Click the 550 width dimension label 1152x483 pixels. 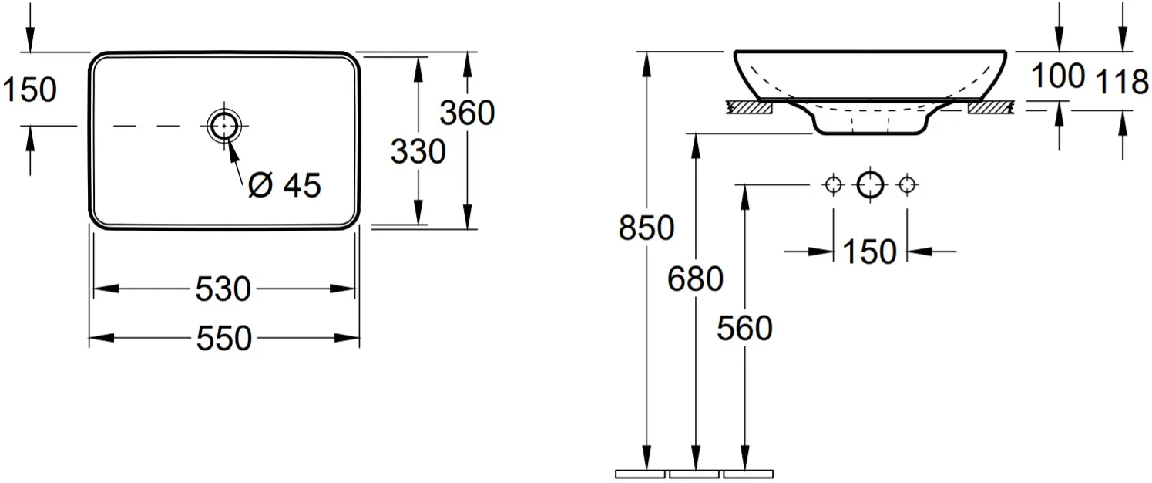point(224,338)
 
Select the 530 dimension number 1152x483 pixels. point(223,289)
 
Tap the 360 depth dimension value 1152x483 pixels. point(467,113)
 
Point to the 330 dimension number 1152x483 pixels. point(418,151)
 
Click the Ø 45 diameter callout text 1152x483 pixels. point(284,185)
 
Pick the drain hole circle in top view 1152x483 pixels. point(224,125)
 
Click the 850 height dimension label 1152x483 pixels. point(647,228)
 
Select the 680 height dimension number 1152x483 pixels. point(695,279)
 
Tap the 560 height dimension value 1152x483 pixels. point(744,328)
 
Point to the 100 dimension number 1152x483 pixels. point(1059,76)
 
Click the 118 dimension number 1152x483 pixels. point(1122,83)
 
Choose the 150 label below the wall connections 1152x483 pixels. point(870,252)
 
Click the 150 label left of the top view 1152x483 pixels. point(29,90)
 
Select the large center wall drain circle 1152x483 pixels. point(870,184)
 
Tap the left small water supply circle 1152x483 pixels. point(833,184)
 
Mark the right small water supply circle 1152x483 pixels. point(907,184)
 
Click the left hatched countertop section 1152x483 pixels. point(750,107)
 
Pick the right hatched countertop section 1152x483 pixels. point(991,107)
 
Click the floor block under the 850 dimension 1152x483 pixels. point(640,474)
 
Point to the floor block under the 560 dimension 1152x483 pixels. point(748,474)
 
